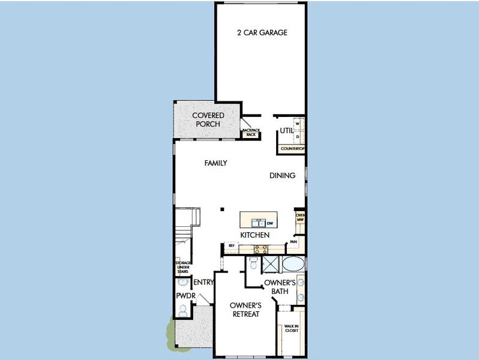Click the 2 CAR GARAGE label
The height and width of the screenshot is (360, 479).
point(261,32)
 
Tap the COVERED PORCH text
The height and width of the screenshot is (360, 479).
point(208,119)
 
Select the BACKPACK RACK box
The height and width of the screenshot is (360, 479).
point(250,133)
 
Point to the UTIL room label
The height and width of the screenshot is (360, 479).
point(286,131)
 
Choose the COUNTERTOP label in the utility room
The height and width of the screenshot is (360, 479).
point(293,148)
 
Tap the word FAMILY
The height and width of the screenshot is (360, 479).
point(215,163)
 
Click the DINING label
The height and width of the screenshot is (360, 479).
point(282,176)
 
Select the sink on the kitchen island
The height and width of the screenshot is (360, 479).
point(257,223)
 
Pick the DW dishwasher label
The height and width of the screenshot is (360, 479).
point(270,223)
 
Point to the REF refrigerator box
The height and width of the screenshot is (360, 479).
point(229,245)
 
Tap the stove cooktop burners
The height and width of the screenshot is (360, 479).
point(261,247)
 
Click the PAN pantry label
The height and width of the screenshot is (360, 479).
point(294,242)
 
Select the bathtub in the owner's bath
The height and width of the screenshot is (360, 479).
point(293,265)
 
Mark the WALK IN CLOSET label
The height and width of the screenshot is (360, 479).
point(291,328)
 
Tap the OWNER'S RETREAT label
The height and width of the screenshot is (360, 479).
point(245,309)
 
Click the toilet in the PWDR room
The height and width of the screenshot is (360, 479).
point(183,310)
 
